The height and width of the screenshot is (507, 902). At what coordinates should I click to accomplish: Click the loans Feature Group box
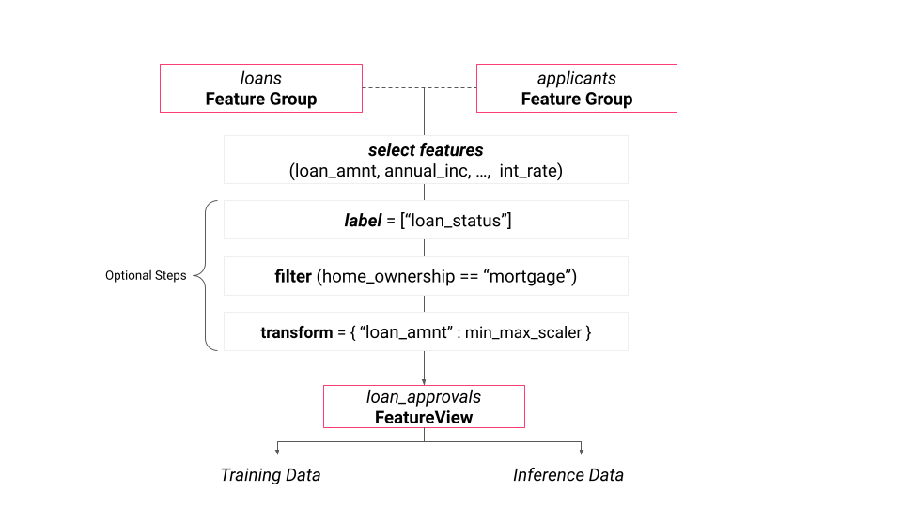(261, 88)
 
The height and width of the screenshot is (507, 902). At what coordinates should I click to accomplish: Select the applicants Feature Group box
(576, 88)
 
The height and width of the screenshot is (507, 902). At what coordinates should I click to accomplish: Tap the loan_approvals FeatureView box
(424, 407)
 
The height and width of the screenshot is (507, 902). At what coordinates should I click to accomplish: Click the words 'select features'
(426, 150)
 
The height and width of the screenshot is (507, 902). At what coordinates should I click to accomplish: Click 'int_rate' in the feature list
(531, 171)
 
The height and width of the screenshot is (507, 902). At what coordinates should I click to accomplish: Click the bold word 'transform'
(296, 332)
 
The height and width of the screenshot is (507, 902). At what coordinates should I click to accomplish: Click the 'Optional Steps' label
(146, 276)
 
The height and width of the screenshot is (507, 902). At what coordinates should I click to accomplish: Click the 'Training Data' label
(271, 475)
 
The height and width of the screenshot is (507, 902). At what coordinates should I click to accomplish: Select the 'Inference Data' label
(568, 475)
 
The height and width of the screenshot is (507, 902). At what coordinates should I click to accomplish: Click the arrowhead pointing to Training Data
(276, 453)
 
